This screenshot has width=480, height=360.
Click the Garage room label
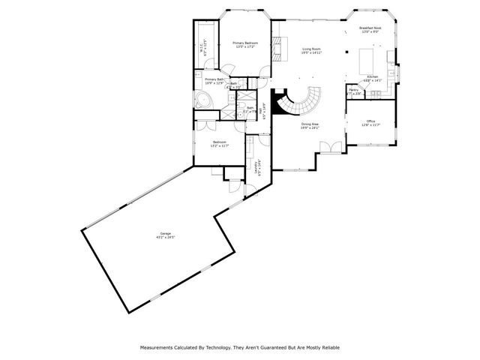click(164, 234)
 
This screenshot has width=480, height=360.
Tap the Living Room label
click(311, 48)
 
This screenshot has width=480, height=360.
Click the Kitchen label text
click(373, 76)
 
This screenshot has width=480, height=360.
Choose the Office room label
click(370, 121)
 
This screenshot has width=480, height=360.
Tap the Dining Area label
click(310, 124)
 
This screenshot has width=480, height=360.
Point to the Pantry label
click(353, 89)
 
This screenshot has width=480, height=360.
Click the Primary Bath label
click(214, 79)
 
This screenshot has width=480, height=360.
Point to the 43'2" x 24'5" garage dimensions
click(164, 238)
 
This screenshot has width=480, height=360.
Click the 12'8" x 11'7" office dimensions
click(370, 125)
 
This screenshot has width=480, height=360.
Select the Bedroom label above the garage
click(220, 142)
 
